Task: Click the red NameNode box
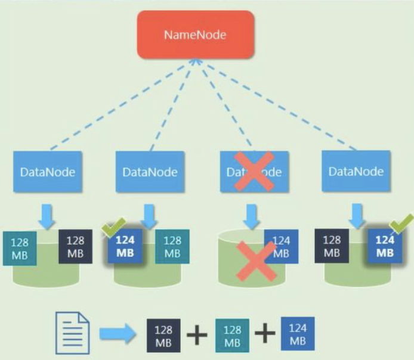point(195,35)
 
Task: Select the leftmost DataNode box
point(48,172)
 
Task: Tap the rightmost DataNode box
point(356,171)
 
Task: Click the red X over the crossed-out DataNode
point(254,170)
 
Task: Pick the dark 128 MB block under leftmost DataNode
point(75,247)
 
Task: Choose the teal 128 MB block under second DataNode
point(172,247)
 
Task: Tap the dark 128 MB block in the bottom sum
point(163,335)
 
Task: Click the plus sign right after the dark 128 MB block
point(197,335)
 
